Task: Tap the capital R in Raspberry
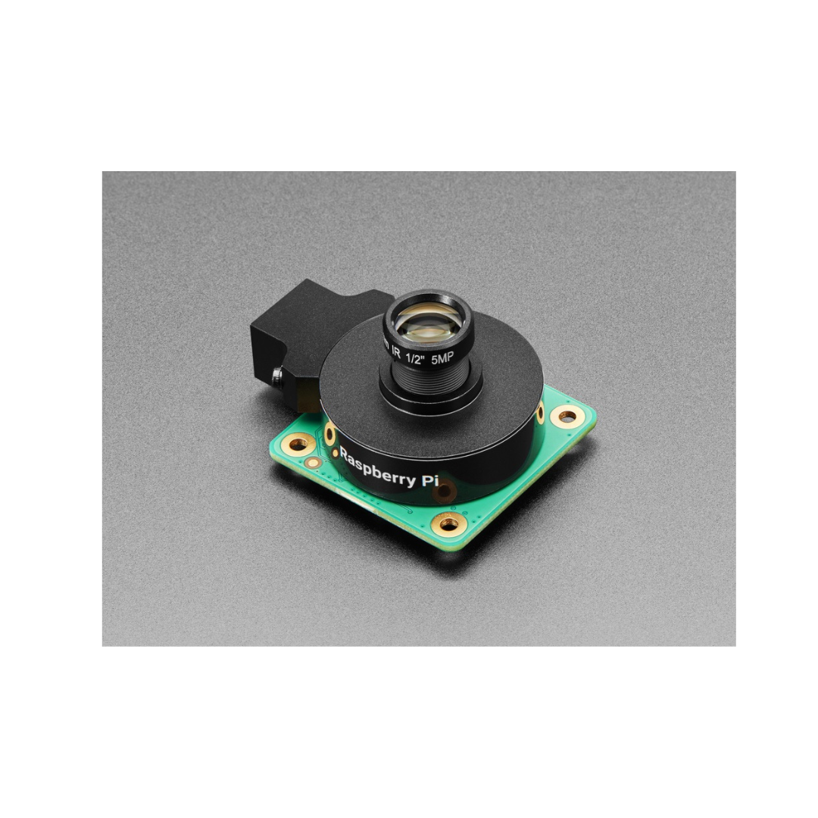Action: (345, 455)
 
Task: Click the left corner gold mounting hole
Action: (301, 441)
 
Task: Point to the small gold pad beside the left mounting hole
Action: (311, 462)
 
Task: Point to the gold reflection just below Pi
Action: (445, 494)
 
